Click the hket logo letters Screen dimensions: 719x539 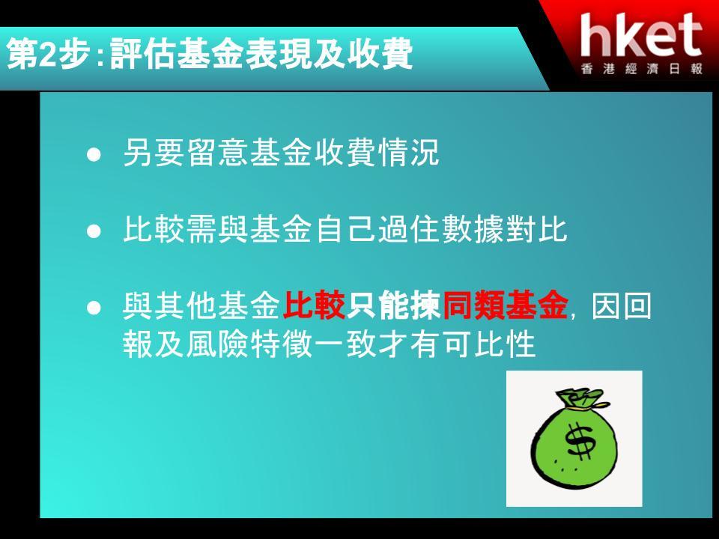pos(641,35)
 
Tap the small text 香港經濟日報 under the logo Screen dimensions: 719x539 pos(642,69)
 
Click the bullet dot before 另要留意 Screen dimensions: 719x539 pos(94,155)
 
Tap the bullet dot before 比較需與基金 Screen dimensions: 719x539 pos(94,231)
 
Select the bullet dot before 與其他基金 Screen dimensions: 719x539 pos(94,308)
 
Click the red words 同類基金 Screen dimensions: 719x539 pos(505,305)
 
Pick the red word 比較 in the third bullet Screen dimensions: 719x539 pos(314,305)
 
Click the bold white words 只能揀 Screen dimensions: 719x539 pos(393,305)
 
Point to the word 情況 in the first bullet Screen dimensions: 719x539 pos(408,152)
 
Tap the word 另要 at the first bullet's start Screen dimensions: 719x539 pos(154,152)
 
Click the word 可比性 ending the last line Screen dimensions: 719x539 pos(488,344)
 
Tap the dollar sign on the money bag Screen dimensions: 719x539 pos(580,440)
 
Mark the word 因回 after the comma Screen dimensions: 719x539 pos(621,305)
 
